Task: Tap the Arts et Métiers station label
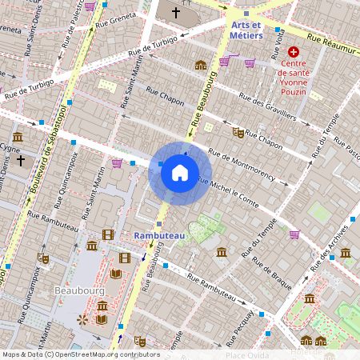tap(247, 30)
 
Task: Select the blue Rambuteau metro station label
tap(159, 236)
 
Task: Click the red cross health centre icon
tap(294, 52)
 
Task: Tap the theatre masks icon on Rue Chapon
tap(237, 131)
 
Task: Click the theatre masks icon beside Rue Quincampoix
tap(43, 258)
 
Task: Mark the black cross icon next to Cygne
tap(21, 161)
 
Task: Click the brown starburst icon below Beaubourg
tap(82, 319)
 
